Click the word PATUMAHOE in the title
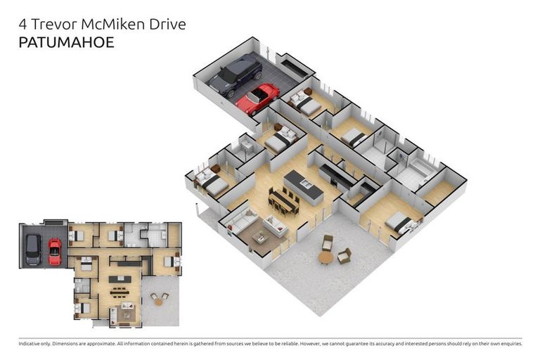tap(65, 42)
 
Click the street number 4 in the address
tap(22, 25)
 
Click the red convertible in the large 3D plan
tap(257, 98)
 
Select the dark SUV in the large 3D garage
tap(235, 76)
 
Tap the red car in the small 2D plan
tap(54, 251)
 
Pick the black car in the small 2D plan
tap(33, 250)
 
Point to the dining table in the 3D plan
tap(283, 202)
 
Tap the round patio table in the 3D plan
tap(326, 257)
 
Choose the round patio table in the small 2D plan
tap(159, 301)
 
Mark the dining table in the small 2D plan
tap(120, 289)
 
